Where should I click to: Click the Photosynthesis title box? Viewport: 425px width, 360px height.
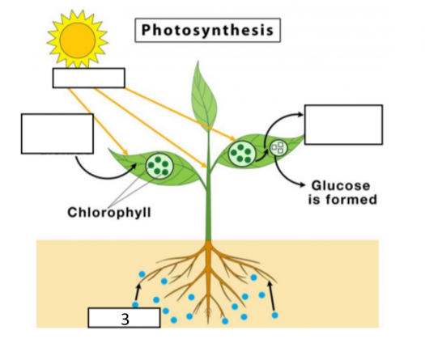click(207, 30)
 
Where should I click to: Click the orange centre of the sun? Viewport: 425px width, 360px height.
click(78, 40)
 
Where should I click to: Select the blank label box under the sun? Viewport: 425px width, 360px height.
click(89, 78)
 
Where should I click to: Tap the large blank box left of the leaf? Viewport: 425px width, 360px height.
click(57, 133)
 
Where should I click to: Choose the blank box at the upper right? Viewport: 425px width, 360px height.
click(344, 125)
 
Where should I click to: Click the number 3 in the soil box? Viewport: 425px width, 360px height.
click(125, 319)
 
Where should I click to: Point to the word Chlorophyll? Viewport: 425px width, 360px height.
click(109, 212)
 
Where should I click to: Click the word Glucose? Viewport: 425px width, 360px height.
click(341, 186)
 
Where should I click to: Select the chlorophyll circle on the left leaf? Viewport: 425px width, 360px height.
click(159, 166)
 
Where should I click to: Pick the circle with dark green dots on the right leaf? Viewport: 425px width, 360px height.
click(241, 154)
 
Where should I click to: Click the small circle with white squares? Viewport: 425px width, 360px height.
click(278, 148)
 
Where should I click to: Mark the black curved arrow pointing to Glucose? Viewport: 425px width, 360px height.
click(282, 176)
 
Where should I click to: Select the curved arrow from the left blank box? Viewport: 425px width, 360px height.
click(104, 177)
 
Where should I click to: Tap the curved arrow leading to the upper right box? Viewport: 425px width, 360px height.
click(274, 122)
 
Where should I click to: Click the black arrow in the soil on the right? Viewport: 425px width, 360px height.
click(271, 296)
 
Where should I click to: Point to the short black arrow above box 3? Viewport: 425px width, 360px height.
click(138, 292)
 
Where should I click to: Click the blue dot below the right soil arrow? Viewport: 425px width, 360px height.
click(275, 315)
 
